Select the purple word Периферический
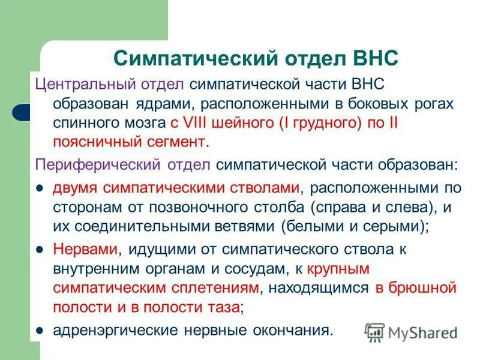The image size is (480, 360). click(86, 164)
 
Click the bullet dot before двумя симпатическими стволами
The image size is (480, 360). click(41, 188)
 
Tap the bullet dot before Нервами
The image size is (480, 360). click(41, 249)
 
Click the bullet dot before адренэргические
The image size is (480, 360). click(41, 330)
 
